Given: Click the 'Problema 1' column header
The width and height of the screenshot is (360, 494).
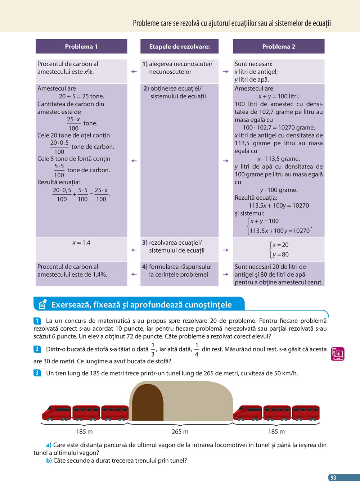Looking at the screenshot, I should [x=81, y=46].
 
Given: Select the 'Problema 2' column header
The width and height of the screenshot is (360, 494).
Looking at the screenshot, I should [x=279, y=46].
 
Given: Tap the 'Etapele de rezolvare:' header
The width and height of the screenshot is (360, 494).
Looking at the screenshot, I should [x=179, y=46].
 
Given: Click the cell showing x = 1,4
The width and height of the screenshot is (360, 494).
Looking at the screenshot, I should [x=81, y=243].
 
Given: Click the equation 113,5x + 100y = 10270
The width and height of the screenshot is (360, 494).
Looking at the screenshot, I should [x=279, y=205].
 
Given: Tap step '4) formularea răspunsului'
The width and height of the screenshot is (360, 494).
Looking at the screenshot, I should [x=177, y=271].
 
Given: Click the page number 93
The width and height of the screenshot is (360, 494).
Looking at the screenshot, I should [x=333, y=477].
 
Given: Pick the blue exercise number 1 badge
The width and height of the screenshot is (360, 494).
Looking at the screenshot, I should [x=37, y=321].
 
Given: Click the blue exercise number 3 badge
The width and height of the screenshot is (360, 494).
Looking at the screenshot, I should [x=37, y=373].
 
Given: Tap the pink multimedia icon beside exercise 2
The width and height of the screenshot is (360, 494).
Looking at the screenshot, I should [x=337, y=354].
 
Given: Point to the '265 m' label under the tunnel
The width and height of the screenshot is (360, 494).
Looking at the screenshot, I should [x=180, y=431].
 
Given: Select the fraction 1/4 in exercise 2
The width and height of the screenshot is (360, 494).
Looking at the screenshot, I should [x=197, y=349].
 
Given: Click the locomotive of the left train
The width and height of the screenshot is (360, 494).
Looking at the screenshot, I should [x=57, y=413].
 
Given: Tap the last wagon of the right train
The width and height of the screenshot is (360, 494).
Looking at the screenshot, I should [x=306, y=413].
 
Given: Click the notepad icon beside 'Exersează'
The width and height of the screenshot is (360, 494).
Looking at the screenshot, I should [x=42, y=304].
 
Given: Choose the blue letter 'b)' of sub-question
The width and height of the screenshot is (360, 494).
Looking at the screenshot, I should [x=49, y=461].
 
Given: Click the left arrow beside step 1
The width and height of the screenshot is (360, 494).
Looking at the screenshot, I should [x=134, y=72].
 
